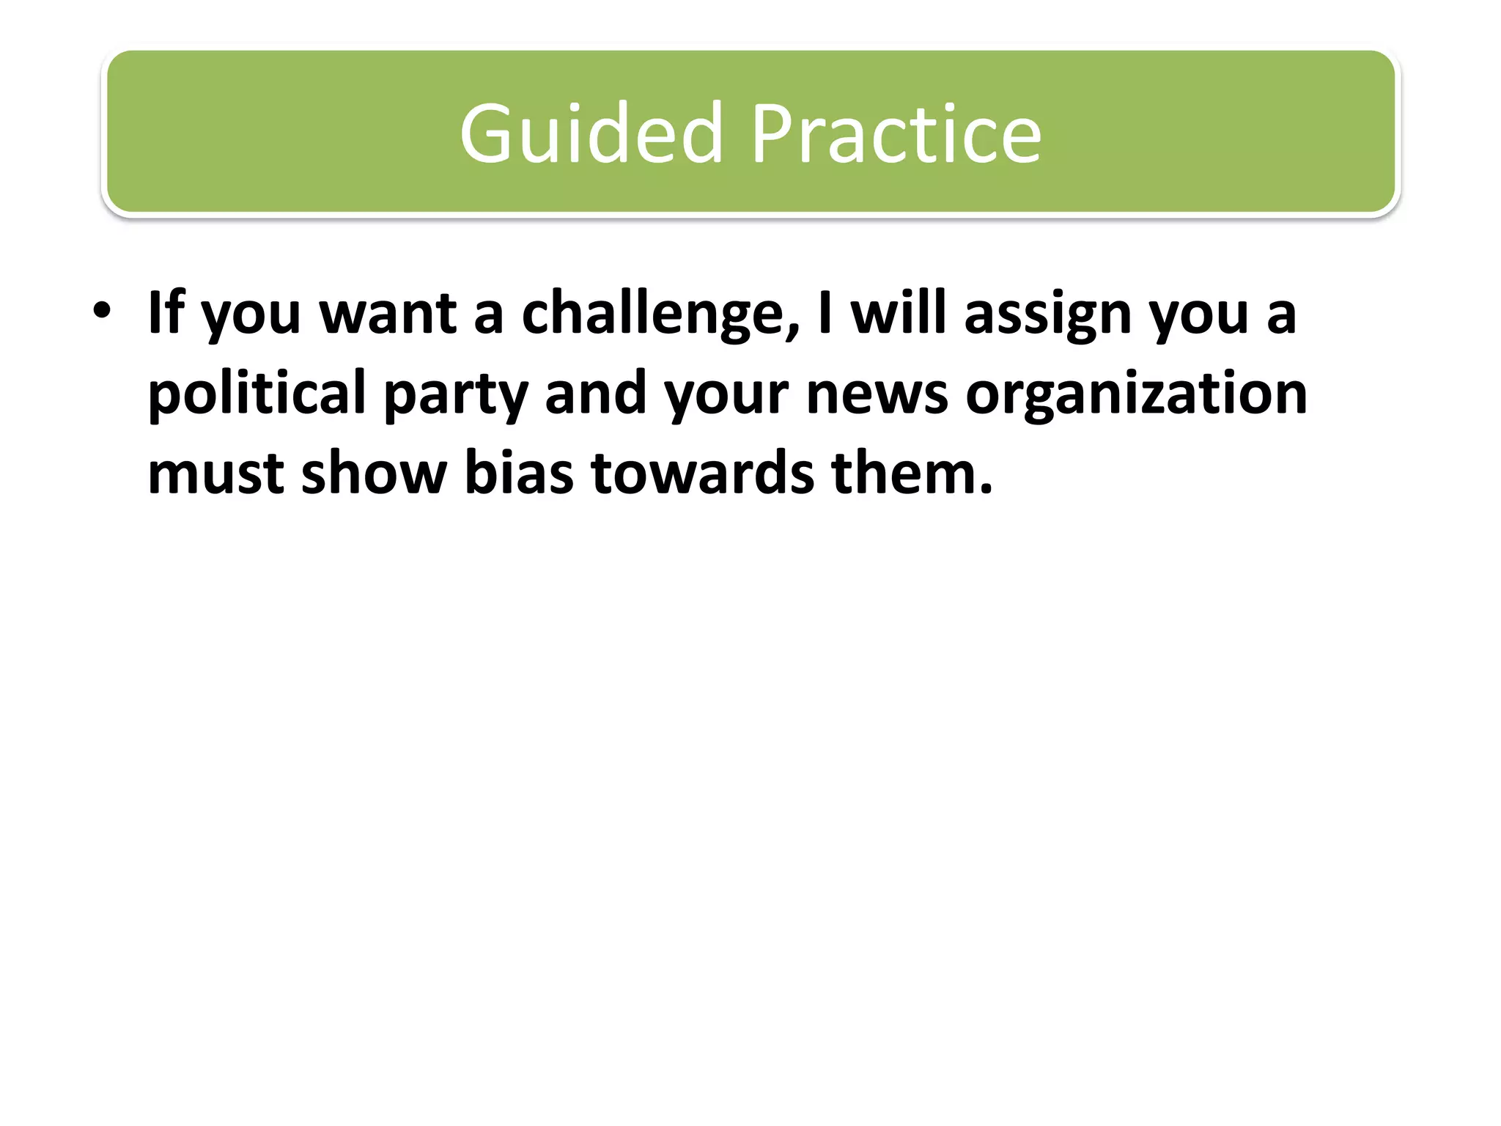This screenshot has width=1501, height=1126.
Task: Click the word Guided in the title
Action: coord(591,134)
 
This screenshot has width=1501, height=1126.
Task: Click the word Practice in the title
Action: coord(896,134)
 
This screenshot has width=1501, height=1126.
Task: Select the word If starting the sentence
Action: coord(165,313)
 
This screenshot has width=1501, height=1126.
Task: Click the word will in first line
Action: coord(899,313)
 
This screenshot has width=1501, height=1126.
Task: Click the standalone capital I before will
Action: coord(825,313)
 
